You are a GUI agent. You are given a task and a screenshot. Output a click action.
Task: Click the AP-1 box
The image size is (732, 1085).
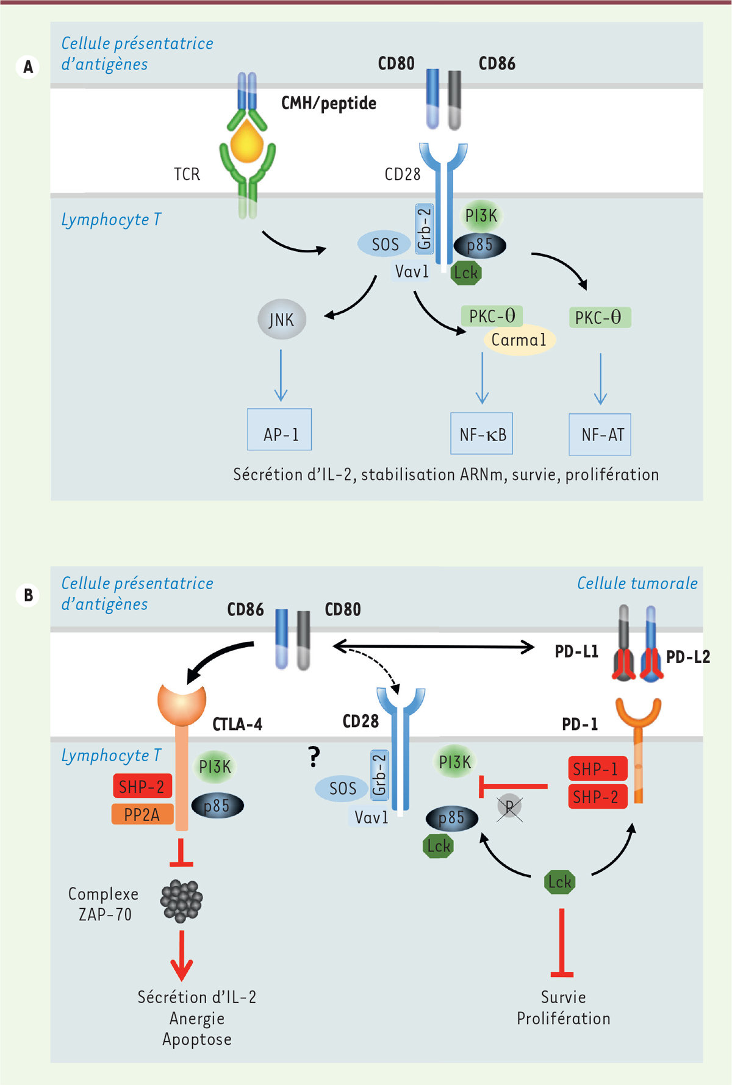click(279, 429)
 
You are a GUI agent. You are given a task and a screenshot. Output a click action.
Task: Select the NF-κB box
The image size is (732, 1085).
click(481, 434)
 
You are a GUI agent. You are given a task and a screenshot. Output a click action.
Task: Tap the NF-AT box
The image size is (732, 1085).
click(600, 434)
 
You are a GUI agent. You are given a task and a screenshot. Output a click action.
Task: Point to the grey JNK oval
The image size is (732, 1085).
click(281, 320)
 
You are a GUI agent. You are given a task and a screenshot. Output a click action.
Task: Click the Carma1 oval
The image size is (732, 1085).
click(519, 340)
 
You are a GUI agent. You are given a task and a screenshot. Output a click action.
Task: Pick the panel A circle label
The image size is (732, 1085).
click(28, 66)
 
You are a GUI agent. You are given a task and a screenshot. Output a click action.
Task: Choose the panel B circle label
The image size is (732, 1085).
click(28, 595)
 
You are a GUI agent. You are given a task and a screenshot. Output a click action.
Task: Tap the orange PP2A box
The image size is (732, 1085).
click(142, 814)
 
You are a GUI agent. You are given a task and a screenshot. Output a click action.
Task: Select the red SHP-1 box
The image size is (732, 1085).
click(597, 769)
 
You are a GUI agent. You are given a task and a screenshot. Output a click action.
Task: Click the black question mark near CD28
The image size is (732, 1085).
click(314, 757)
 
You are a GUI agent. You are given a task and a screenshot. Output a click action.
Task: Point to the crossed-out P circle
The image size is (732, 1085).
click(509, 807)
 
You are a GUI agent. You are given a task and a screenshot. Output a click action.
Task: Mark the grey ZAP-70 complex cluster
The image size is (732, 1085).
click(181, 900)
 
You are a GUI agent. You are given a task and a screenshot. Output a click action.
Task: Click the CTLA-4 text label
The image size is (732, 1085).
click(237, 725)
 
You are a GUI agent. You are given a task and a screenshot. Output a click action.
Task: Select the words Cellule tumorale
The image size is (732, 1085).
click(637, 584)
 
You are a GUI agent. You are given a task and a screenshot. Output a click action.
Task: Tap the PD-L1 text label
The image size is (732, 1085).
click(576, 652)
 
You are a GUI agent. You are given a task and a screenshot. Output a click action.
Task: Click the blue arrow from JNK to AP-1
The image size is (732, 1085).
click(281, 375)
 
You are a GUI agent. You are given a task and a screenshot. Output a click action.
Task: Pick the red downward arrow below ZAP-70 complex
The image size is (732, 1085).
click(181, 954)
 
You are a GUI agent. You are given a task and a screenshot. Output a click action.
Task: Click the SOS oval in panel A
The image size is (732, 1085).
click(384, 245)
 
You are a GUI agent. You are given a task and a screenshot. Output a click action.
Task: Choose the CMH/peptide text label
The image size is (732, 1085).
click(328, 103)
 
